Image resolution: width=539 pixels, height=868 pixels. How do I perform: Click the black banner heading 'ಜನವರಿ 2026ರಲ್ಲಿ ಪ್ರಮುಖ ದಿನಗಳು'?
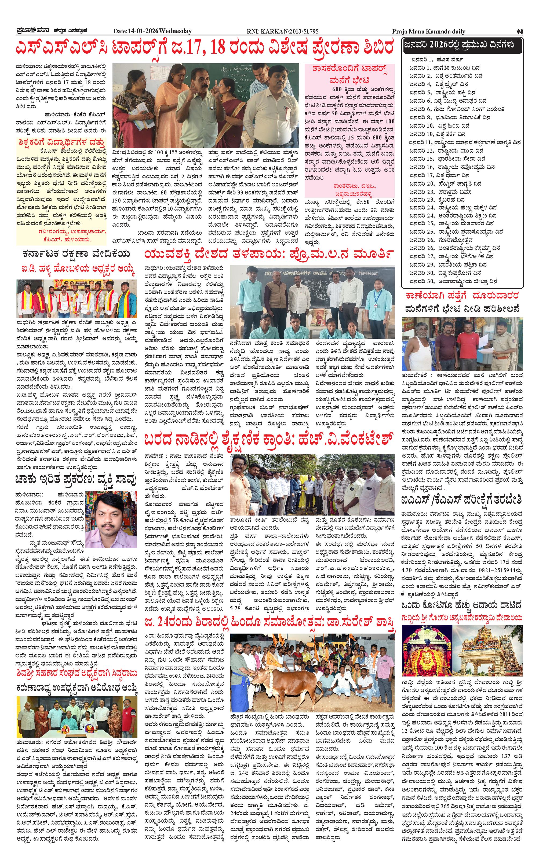click(462, 46)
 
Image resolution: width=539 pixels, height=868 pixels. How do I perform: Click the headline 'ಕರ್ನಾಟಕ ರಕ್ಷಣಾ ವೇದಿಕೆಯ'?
click(76, 254)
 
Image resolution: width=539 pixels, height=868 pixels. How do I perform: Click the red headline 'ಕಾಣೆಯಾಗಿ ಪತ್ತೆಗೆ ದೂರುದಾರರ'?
click(462, 296)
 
